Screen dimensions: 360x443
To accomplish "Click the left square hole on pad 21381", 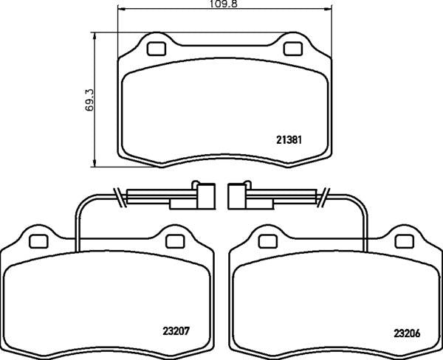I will pyautogui.click(x=157, y=49).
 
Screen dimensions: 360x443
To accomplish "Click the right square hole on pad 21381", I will pyautogui.click(x=292, y=49).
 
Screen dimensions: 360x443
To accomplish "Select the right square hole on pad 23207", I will pyautogui.click(x=174, y=240).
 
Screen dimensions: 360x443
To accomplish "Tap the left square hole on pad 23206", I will pyautogui.click(x=267, y=240).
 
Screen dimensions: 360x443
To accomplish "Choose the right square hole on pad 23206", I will pyautogui.click(x=402, y=240).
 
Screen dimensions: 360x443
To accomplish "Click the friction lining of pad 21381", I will pyautogui.click(x=221, y=111).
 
